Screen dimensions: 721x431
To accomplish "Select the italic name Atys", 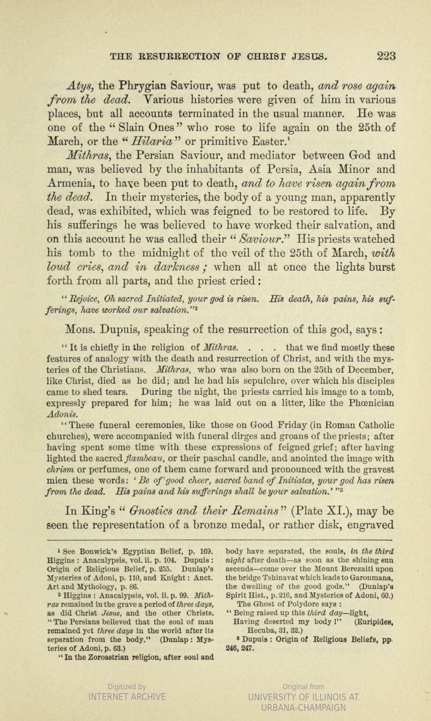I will pos(80,86).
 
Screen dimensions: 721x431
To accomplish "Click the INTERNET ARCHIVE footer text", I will pos(127,697).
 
